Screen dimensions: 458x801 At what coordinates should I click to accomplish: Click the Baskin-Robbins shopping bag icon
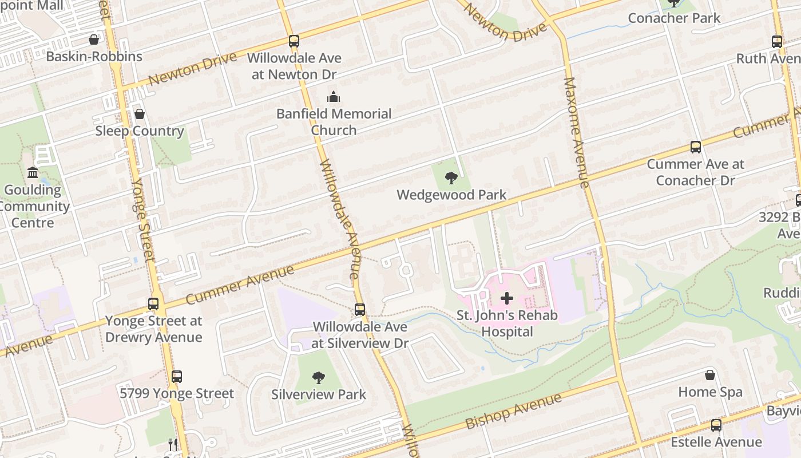pyautogui.click(x=94, y=40)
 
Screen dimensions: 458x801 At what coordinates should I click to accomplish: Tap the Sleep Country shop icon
pyautogui.click(x=140, y=114)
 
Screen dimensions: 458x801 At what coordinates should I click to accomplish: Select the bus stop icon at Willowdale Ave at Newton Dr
pyautogui.click(x=294, y=41)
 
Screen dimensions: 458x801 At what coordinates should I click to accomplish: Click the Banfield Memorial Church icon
pyautogui.click(x=334, y=97)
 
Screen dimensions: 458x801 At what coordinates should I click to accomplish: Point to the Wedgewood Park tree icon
pyautogui.click(x=451, y=177)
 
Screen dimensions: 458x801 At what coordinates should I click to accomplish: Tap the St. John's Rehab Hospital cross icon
pyautogui.click(x=507, y=298)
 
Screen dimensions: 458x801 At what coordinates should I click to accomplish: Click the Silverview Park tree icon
pyautogui.click(x=319, y=377)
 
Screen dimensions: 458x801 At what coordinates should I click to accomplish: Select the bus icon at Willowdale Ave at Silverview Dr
pyautogui.click(x=360, y=310)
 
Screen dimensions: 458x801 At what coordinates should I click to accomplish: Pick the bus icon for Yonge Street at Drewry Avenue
pyautogui.click(x=153, y=304)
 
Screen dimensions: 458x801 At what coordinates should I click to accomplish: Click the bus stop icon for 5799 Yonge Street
pyautogui.click(x=177, y=376)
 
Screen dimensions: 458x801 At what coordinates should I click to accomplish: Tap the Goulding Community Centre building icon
pyautogui.click(x=33, y=172)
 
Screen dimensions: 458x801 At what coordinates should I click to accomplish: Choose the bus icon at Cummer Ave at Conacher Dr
pyautogui.click(x=696, y=147)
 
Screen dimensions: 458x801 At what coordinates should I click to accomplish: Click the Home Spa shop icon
pyautogui.click(x=710, y=375)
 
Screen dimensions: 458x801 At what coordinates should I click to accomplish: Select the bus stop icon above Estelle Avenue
pyautogui.click(x=716, y=425)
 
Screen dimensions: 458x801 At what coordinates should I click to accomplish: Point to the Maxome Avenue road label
pyautogui.click(x=576, y=132)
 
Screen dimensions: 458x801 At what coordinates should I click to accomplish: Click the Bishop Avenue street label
pyautogui.click(x=513, y=411)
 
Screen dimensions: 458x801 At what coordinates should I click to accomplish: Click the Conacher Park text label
pyautogui.click(x=674, y=18)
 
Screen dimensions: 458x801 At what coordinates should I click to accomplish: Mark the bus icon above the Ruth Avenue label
pyautogui.click(x=777, y=41)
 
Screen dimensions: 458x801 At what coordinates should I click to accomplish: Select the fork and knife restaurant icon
pyautogui.click(x=173, y=444)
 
